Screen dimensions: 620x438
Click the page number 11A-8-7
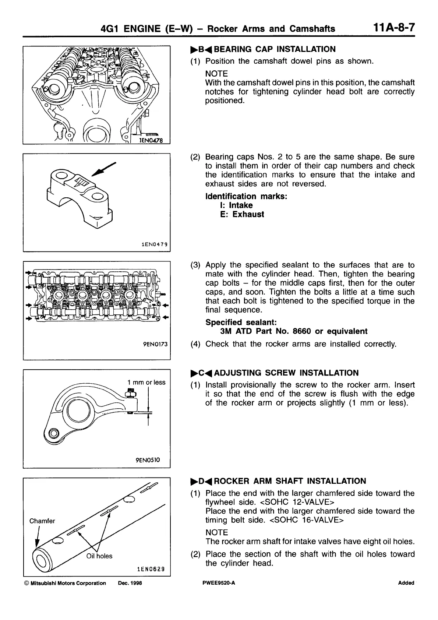[x=393, y=28]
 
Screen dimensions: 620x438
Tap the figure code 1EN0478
[x=153, y=140]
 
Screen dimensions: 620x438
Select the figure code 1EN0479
[x=154, y=244]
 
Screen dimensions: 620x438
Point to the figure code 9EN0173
[x=155, y=345]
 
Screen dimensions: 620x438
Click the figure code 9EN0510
[x=148, y=460]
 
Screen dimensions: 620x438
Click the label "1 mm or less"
[x=146, y=382]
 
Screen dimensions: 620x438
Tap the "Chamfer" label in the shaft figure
[x=42, y=521]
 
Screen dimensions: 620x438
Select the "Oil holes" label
[x=99, y=556]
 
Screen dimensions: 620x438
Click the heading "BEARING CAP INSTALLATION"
[x=275, y=49]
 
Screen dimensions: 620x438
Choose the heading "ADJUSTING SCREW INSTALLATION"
[x=286, y=373]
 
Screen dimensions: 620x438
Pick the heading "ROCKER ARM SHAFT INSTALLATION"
[x=290, y=481]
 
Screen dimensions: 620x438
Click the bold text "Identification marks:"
[x=246, y=196]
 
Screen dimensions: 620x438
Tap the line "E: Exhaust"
[x=242, y=214]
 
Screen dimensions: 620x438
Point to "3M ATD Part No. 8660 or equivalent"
[x=293, y=331]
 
